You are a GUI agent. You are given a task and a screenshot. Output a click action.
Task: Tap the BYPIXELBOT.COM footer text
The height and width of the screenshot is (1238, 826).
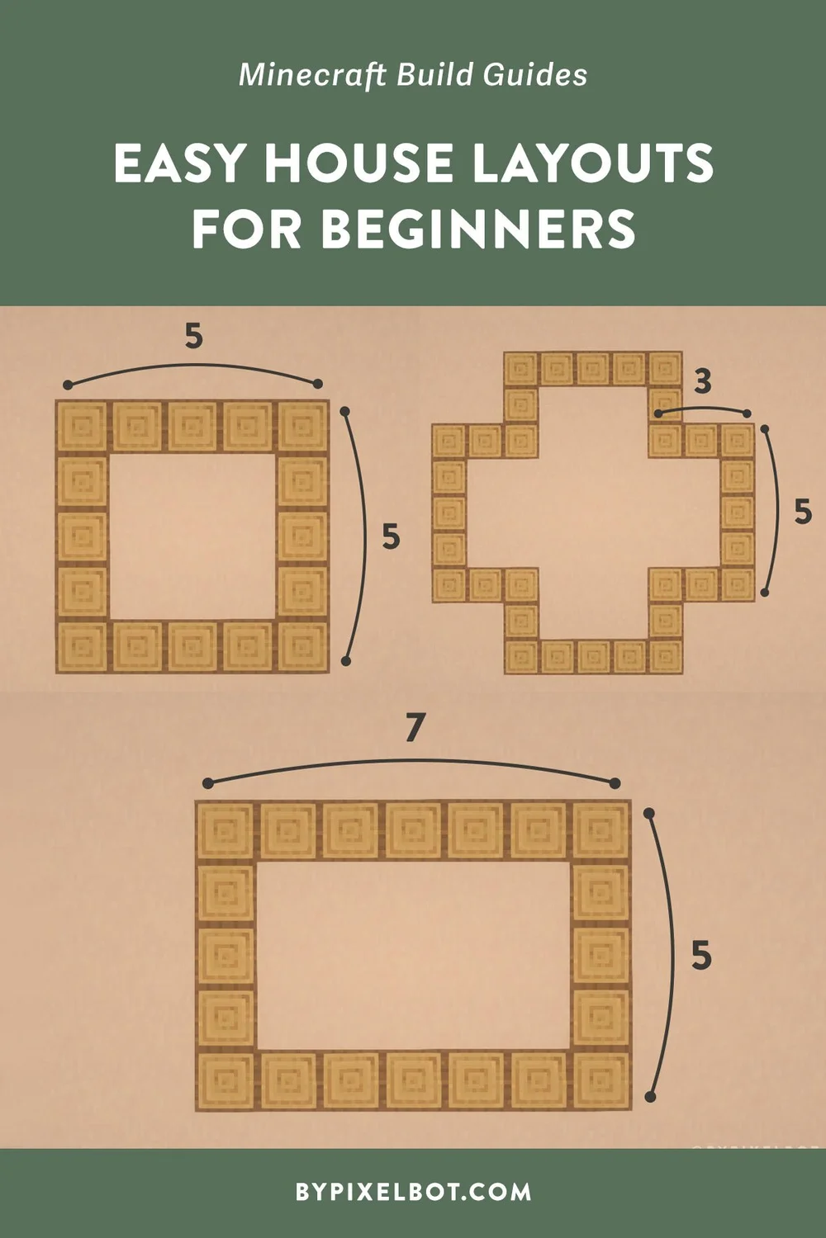click(413, 1192)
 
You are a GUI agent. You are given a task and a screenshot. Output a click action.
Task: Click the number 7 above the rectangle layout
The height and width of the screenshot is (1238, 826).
click(415, 728)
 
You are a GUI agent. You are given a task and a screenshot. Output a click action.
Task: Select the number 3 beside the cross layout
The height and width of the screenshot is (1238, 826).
click(702, 382)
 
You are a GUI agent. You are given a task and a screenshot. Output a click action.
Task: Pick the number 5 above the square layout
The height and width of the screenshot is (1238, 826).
click(193, 337)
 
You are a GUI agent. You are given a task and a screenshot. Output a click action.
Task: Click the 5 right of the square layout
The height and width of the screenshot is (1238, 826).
click(391, 536)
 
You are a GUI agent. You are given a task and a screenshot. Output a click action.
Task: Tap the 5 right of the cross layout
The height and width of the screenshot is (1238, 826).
click(802, 513)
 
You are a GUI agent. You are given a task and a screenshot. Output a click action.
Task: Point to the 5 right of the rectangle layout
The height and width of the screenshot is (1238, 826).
click(701, 956)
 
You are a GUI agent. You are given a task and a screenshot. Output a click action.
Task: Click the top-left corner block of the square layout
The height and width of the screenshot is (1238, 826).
click(82, 427)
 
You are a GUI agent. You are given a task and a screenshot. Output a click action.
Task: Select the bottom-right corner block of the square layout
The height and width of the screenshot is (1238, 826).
click(303, 646)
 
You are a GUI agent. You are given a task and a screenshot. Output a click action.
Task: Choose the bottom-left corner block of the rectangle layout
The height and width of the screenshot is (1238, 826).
click(225, 1080)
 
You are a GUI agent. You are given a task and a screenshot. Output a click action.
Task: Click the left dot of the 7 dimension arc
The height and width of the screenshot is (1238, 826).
click(207, 783)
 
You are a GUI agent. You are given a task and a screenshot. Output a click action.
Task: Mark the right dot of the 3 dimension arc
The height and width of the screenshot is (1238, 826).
click(747, 413)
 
